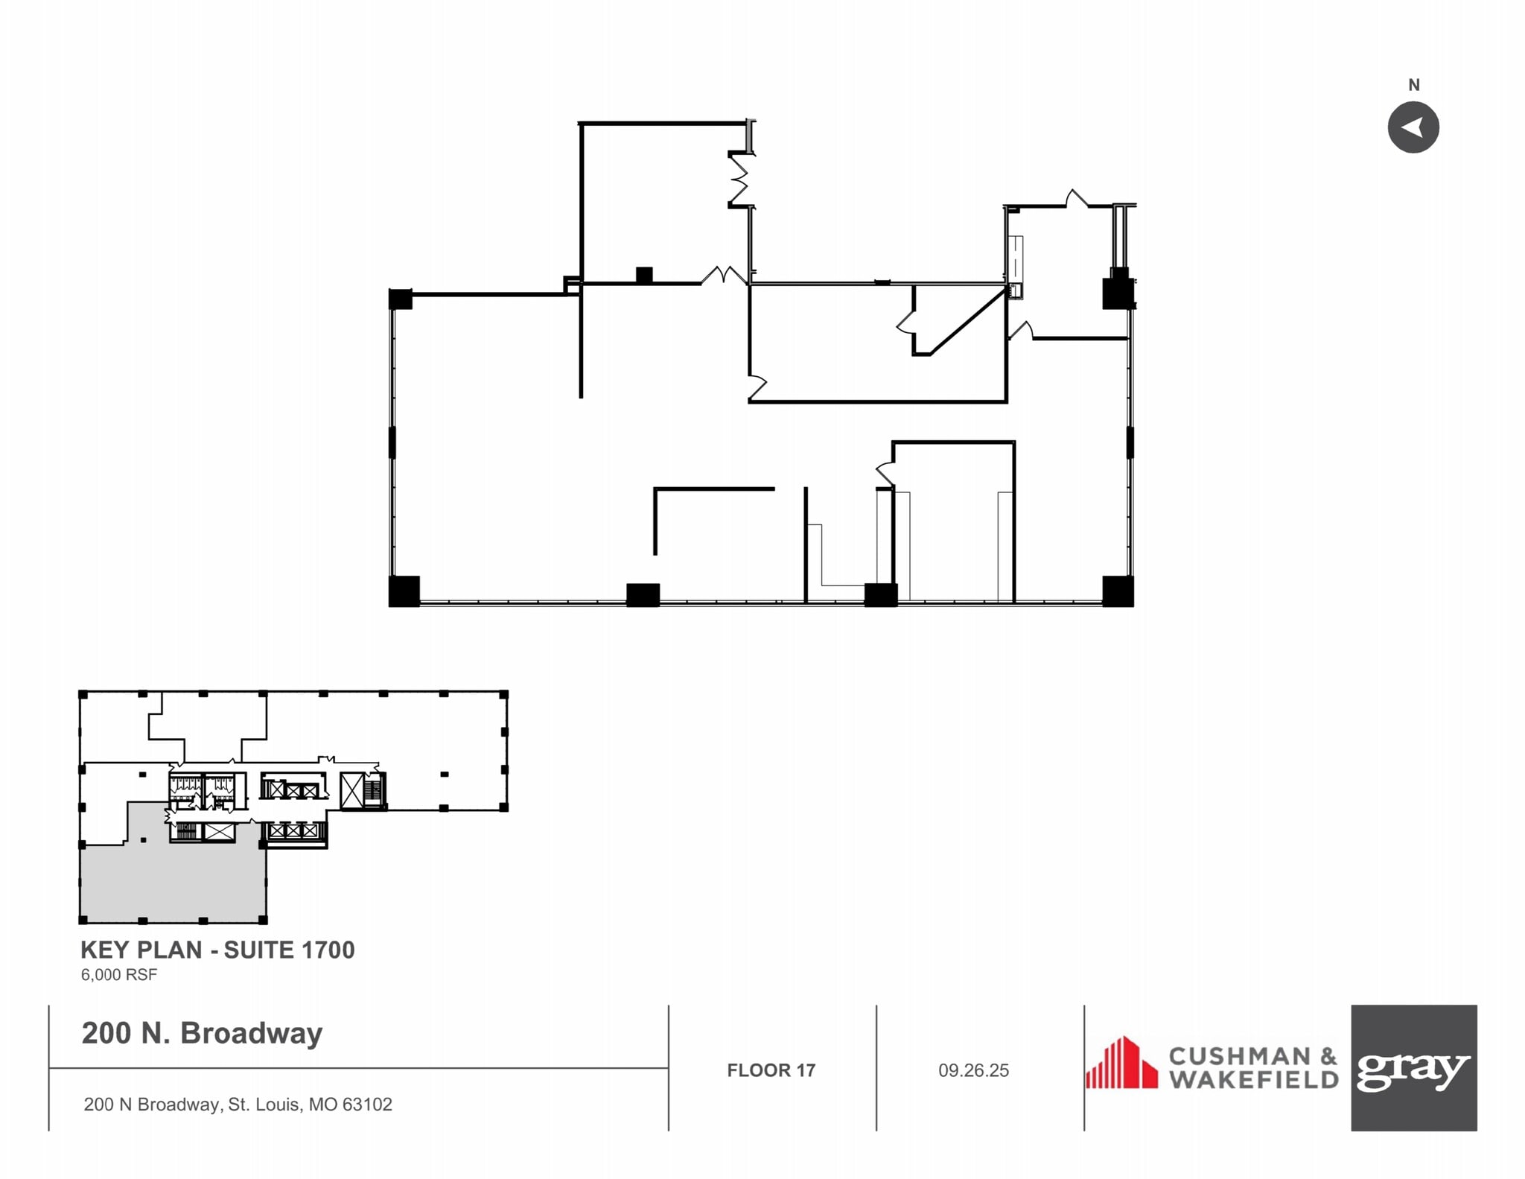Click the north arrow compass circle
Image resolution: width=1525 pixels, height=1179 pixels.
point(1413,127)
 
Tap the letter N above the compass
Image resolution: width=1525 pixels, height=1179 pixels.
point(1413,85)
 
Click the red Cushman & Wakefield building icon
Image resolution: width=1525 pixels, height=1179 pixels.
point(1121,1063)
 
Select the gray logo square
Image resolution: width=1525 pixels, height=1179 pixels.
point(1413,1067)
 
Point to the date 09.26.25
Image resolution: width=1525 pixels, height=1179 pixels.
point(973,1070)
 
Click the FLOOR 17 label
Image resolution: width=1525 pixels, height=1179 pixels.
point(771,1070)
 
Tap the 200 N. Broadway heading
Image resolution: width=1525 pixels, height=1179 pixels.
point(202,1033)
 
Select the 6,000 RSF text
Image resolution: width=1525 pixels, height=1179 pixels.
point(119,975)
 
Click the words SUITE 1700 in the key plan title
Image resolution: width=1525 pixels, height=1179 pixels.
point(289,950)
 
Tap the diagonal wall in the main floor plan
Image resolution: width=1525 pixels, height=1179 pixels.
point(967,322)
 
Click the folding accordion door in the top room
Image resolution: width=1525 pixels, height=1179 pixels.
point(739,179)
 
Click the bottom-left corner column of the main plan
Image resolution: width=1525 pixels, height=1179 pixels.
point(404,591)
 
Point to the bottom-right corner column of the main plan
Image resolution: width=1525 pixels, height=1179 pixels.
point(1117,591)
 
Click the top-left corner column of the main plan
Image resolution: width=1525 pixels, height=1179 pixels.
point(401,299)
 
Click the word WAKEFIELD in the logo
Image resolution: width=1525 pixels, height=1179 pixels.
point(1253,1080)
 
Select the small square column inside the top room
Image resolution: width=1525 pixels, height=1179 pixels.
point(644,275)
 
